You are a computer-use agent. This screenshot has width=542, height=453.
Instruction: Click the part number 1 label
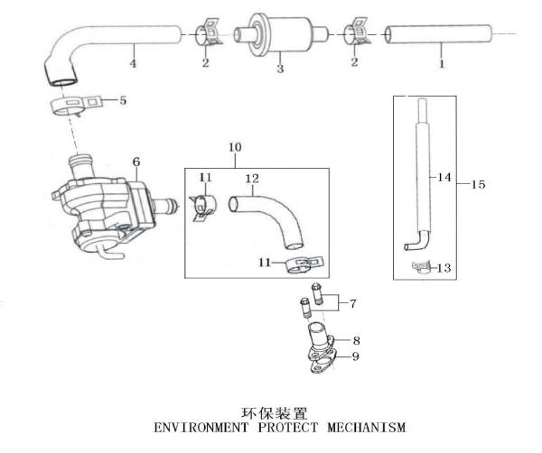tap(442, 64)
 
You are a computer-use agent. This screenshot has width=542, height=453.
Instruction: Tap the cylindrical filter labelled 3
tap(280, 36)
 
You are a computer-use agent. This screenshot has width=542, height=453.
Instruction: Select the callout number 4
tap(133, 64)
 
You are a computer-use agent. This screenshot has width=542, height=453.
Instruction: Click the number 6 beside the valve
tap(136, 162)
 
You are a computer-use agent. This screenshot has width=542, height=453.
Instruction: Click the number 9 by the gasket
tap(356, 356)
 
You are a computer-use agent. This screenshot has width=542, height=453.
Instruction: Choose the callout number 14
tap(443, 178)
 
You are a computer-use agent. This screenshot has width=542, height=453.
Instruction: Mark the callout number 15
tap(479, 184)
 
